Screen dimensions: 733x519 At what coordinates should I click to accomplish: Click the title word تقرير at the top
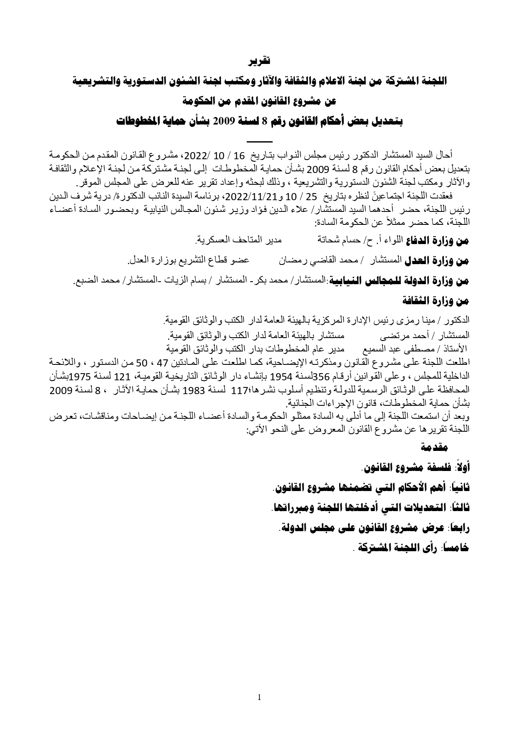pos(260,61)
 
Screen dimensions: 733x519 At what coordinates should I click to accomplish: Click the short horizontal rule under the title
pos(260,142)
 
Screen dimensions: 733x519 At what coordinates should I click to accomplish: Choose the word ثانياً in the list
pos(459,487)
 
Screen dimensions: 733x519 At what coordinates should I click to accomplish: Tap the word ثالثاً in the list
pos(460,507)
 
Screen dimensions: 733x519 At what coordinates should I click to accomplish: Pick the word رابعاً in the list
pos(459,528)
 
